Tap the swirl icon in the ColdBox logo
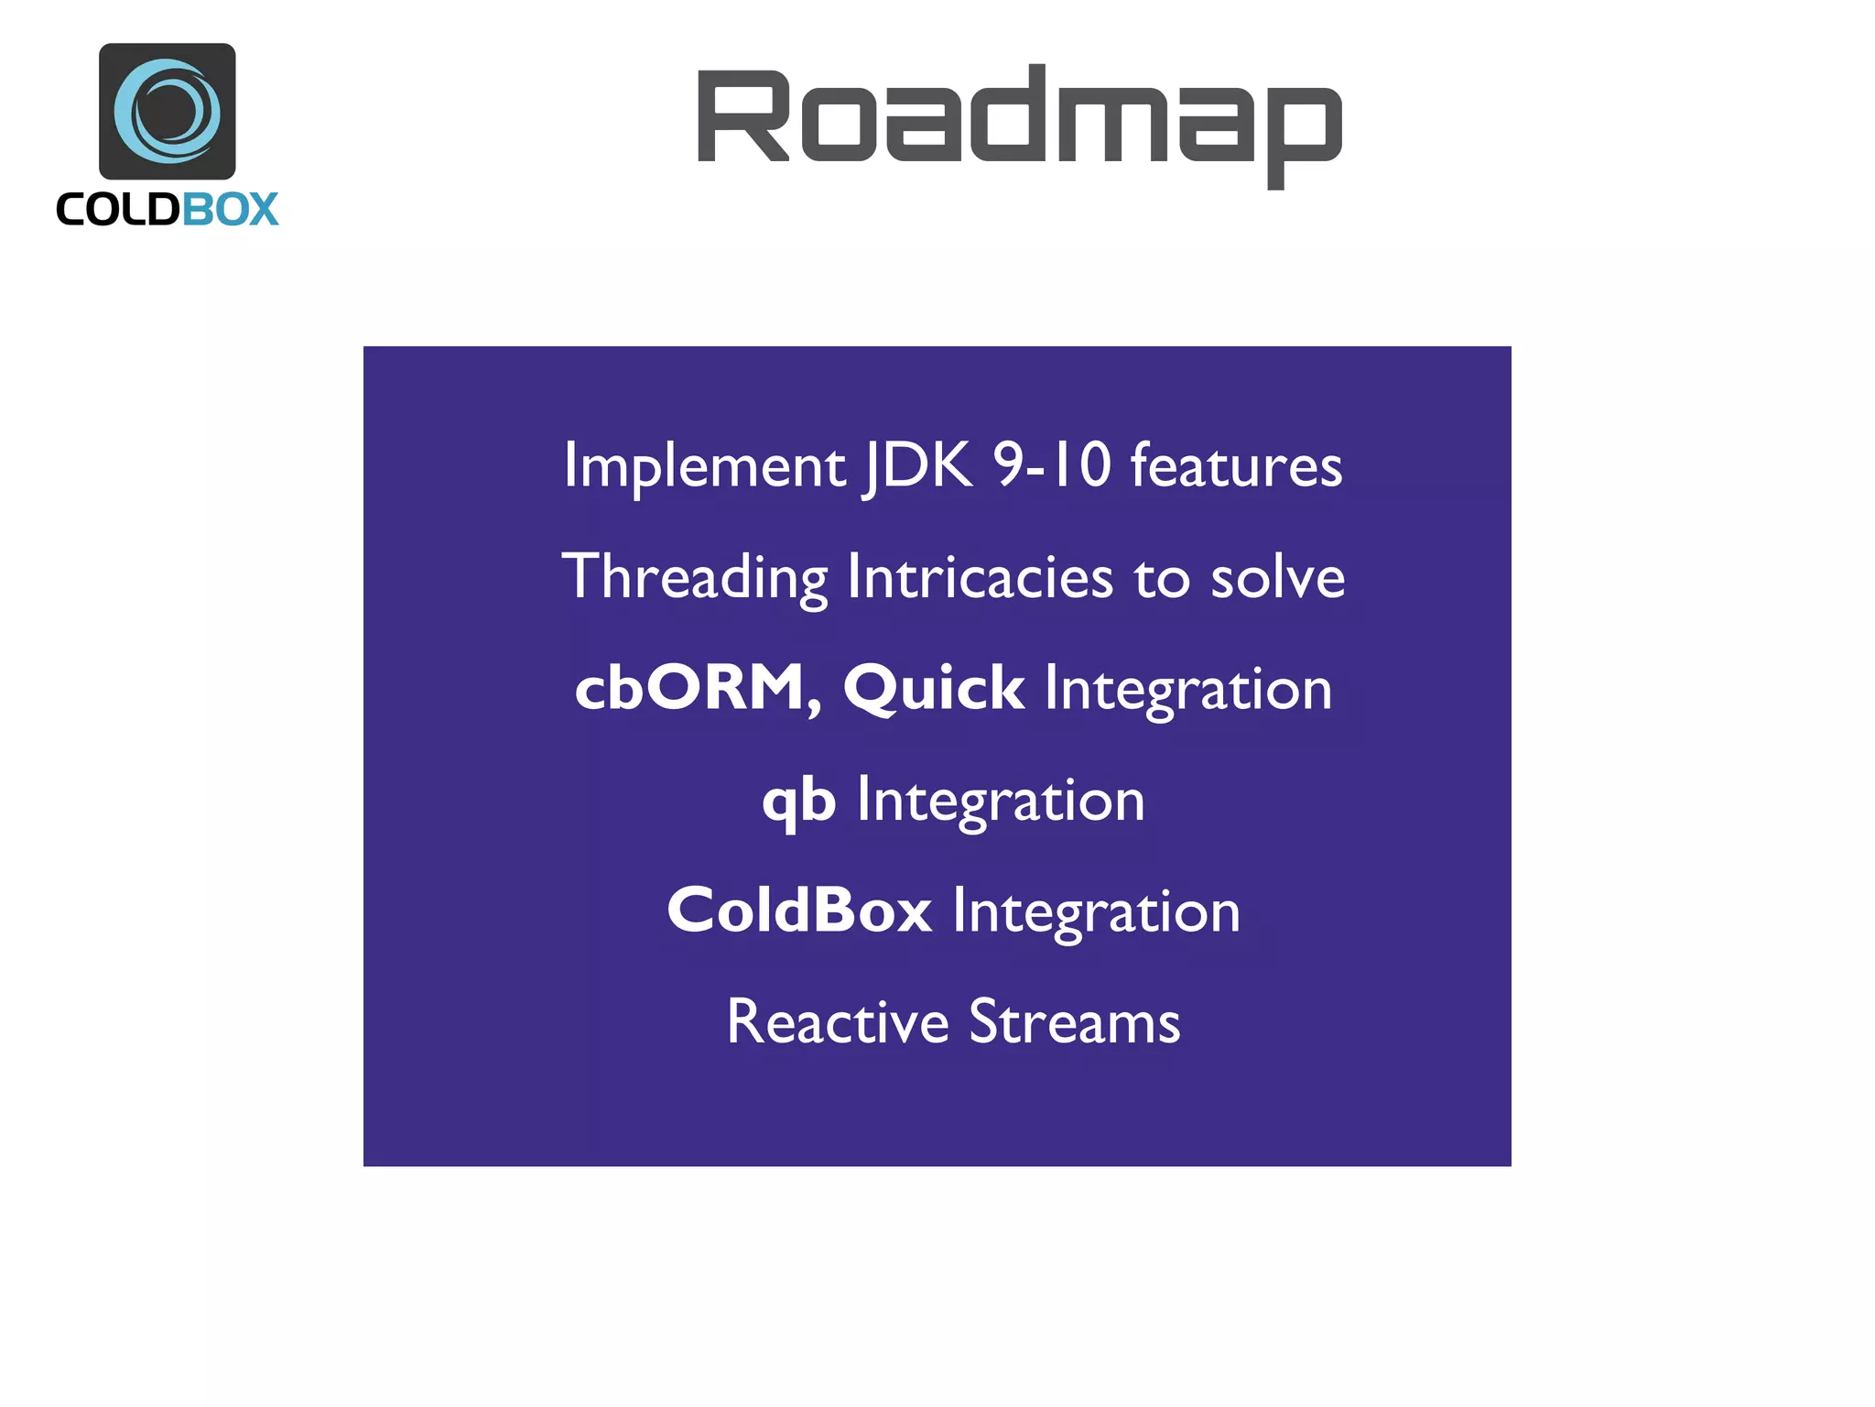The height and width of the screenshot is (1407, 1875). point(168,111)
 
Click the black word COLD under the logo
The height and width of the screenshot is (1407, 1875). point(118,210)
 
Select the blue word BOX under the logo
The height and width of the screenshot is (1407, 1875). point(230,210)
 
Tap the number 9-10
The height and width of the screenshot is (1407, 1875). point(1052,464)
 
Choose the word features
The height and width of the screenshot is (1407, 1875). point(1237,465)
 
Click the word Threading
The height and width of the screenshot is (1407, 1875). point(695,578)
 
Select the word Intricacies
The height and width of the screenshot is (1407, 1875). point(981,578)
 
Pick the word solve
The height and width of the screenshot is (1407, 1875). point(1278,578)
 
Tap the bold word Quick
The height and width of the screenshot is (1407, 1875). point(933,689)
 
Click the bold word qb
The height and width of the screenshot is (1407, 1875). point(799,800)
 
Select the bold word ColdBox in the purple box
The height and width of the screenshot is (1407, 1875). point(799,911)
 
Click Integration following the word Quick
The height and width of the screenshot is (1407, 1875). point(1188,690)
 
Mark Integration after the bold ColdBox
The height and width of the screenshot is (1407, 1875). point(1097,912)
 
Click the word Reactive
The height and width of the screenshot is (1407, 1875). point(838,1022)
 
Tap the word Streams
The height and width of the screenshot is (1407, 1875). point(1075,1022)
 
